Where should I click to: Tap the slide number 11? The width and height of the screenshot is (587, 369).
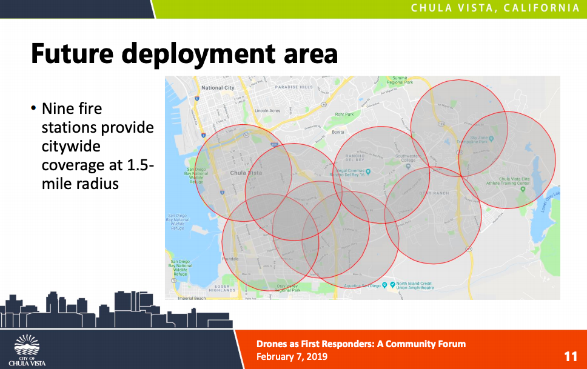click(570, 356)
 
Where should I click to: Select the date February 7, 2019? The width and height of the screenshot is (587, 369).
click(292, 356)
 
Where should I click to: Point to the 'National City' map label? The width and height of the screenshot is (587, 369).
click(217, 88)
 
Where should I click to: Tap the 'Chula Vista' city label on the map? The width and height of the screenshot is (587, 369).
click(246, 173)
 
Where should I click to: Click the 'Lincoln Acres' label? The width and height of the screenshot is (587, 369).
click(267, 111)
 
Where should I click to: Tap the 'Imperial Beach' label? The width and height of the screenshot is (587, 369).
click(192, 298)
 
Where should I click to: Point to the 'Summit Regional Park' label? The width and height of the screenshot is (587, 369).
click(400, 80)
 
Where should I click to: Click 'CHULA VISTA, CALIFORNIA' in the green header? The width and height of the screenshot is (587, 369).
click(495, 8)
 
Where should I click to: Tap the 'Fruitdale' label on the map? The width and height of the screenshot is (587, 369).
click(230, 258)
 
